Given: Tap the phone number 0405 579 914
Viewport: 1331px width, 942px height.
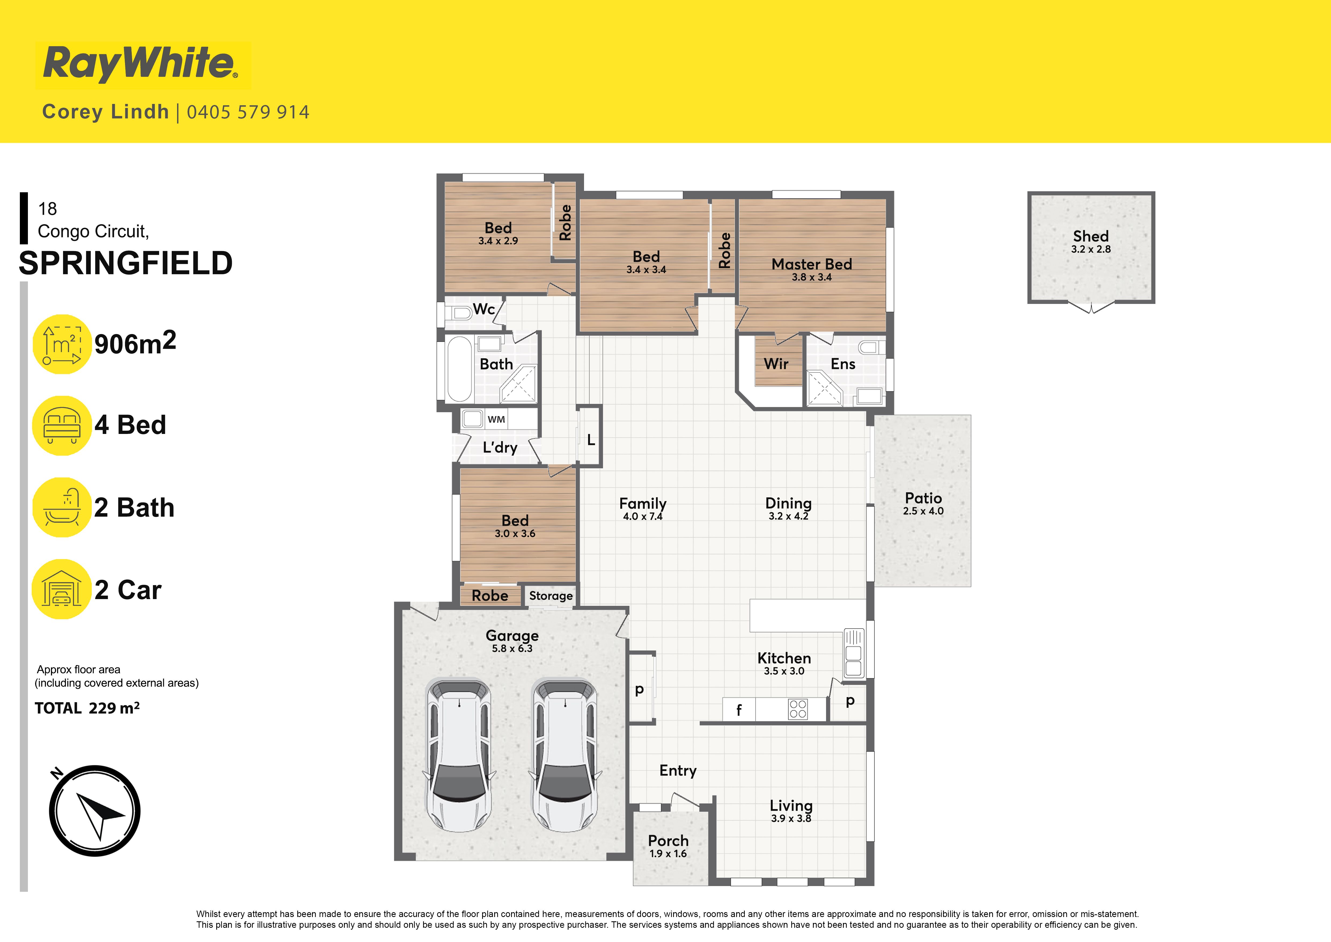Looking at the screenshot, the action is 248,112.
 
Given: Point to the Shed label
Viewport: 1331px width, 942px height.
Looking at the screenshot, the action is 1090,236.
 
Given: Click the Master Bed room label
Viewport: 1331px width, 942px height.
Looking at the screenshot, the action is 812,264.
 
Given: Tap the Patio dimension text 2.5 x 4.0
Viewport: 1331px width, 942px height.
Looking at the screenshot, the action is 923,511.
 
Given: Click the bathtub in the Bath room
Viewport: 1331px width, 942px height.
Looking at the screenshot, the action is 460,369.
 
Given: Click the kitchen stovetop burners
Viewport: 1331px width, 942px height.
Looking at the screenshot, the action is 798,709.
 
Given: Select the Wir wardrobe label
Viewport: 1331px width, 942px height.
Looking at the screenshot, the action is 776,364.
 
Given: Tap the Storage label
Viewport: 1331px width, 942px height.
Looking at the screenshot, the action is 551,596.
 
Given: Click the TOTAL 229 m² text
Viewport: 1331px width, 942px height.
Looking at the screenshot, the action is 87,708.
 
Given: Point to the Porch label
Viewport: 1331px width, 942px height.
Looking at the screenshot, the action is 668,840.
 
